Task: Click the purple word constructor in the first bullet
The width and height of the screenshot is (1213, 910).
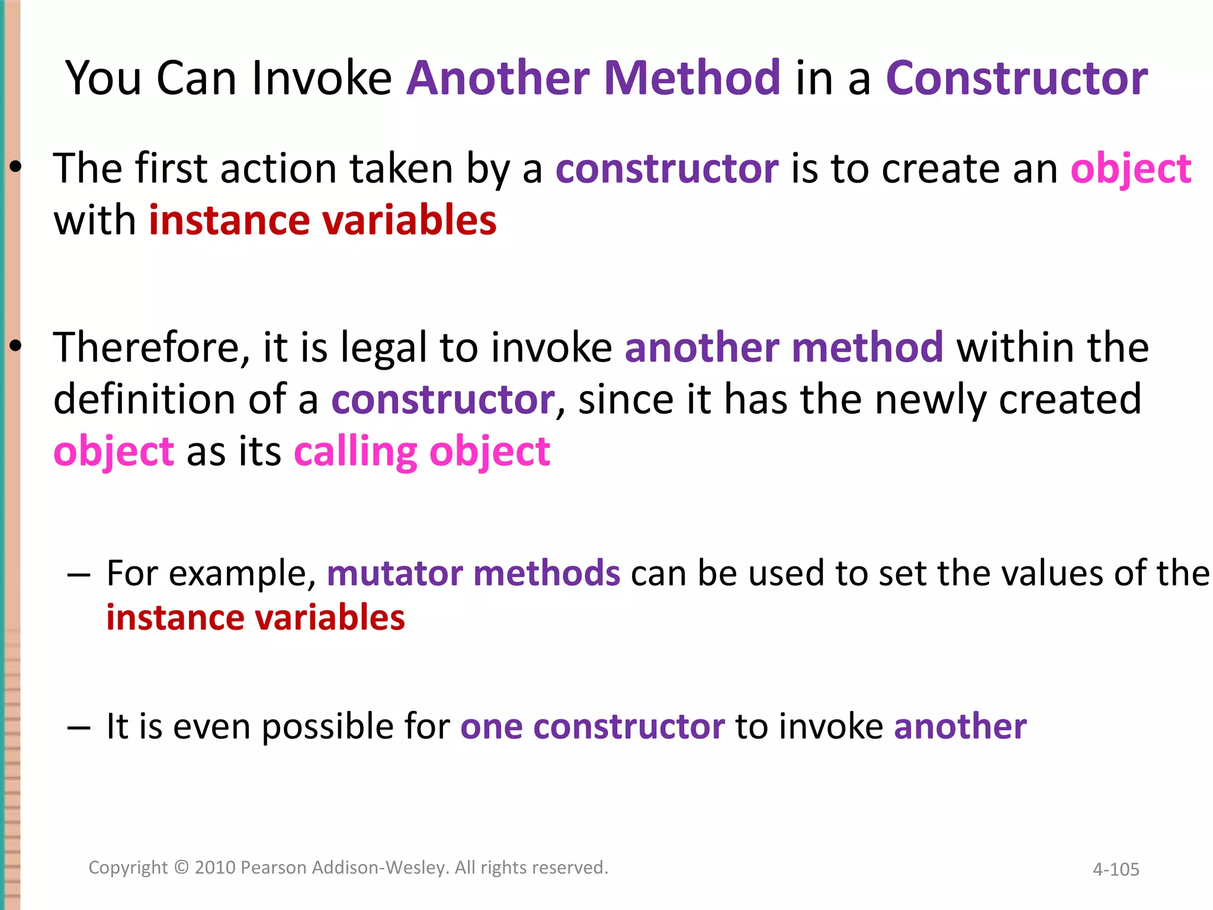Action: pos(667,169)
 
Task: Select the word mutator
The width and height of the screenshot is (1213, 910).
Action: pos(394,573)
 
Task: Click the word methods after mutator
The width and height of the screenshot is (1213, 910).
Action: pos(547,573)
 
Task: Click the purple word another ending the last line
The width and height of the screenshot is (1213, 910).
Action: pos(960,726)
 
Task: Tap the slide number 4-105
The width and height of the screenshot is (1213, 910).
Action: pos(1116,869)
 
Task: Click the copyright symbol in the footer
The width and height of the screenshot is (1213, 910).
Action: pos(182,867)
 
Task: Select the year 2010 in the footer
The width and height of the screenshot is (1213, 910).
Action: pos(215,867)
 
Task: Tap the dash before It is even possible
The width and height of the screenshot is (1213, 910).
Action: pos(79,728)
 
